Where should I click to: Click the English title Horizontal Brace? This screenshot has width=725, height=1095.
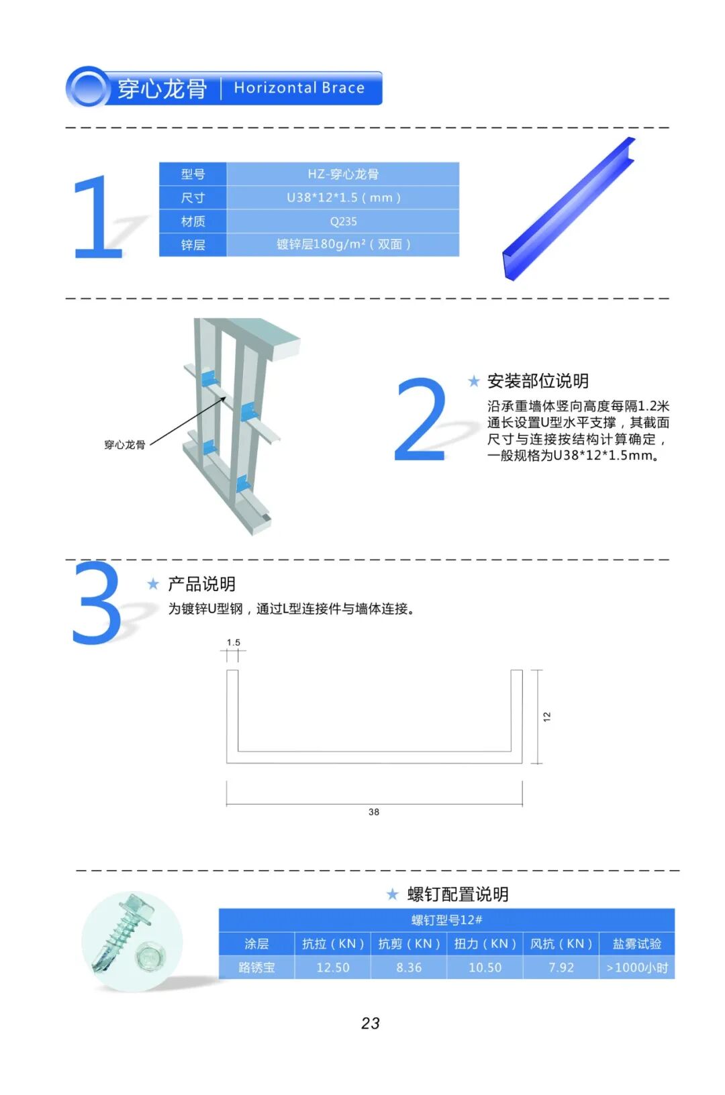[x=299, y=88]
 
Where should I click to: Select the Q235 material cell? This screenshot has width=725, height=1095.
[x=343, y=221]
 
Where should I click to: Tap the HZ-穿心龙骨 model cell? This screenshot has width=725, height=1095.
[x=343, y=174]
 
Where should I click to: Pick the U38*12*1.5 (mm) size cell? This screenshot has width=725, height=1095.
[x=343, y=197]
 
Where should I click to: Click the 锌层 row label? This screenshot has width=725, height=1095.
[x=193, y=245]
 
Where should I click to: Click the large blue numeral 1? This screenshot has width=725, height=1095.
[x=98, y=216]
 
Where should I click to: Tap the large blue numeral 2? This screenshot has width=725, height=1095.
[x=421, y=419]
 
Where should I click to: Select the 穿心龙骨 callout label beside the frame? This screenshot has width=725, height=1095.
[x=125, y=444]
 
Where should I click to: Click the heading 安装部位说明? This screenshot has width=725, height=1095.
[x=538, y=381]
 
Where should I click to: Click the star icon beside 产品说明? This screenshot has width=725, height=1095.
[x=153, y=584]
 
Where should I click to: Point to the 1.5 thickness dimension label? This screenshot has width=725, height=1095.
[x=234, y=642]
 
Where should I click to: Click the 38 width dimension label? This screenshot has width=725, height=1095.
[x=374, y=812]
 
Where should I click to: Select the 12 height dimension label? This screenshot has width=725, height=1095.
[x=547, y=717]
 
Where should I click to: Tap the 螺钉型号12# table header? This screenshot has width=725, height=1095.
[x=446, y=920]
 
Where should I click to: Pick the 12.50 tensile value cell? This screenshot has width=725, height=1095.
[x=333, y=968]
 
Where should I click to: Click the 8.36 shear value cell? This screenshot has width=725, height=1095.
[x=409, y=968]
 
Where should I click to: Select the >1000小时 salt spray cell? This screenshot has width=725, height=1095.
[x=637, y=968]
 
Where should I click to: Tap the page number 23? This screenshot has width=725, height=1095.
[x=371, y=1024]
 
